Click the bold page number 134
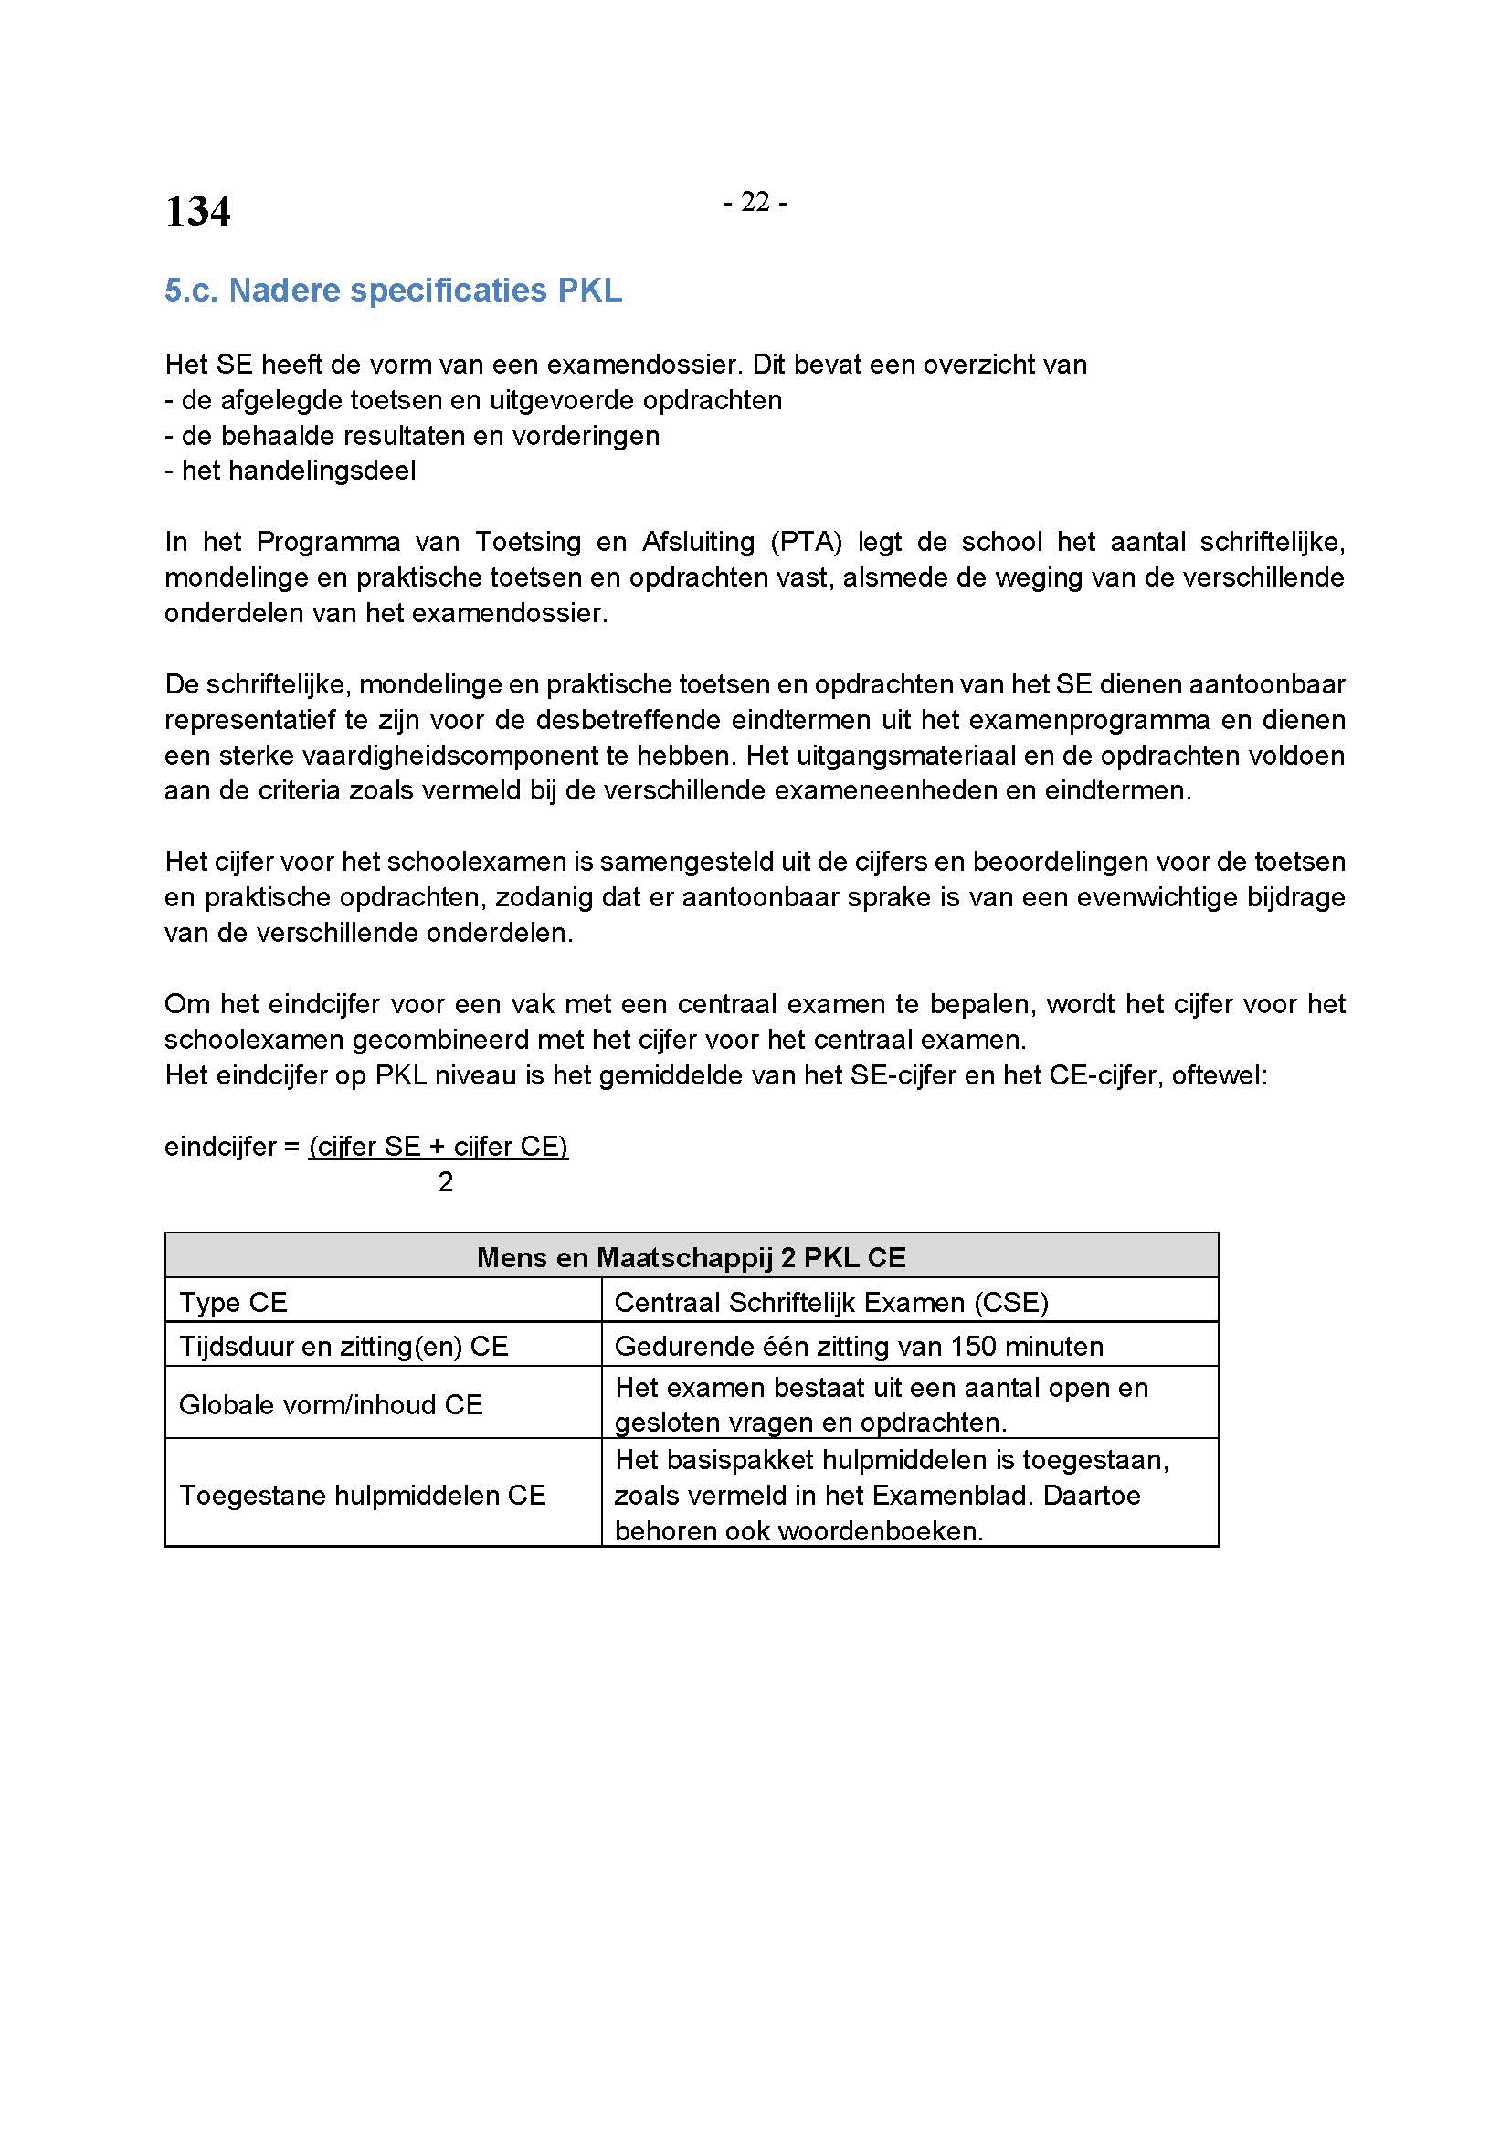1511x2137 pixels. pos(197,210)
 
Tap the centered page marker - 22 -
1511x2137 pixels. pos(755,202)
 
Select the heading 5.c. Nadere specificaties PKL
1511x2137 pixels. pos(393,291)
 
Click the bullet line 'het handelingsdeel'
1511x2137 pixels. pos(291,471)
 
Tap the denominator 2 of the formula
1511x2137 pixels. pos(446,1182)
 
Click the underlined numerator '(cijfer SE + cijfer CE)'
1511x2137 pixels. pos(439,1147)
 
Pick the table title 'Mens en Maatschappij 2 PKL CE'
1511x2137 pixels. pos(692,1257)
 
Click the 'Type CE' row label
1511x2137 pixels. pos(234,1302)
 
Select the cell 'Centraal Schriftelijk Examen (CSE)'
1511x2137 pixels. pos(830,1302)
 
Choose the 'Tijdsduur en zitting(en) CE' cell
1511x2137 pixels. pos(343,1347)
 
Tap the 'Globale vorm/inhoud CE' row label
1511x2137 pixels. pos(331,1404)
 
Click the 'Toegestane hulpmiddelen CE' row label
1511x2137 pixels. pos(362,1495)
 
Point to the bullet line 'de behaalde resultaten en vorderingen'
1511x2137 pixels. pos(412,436)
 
